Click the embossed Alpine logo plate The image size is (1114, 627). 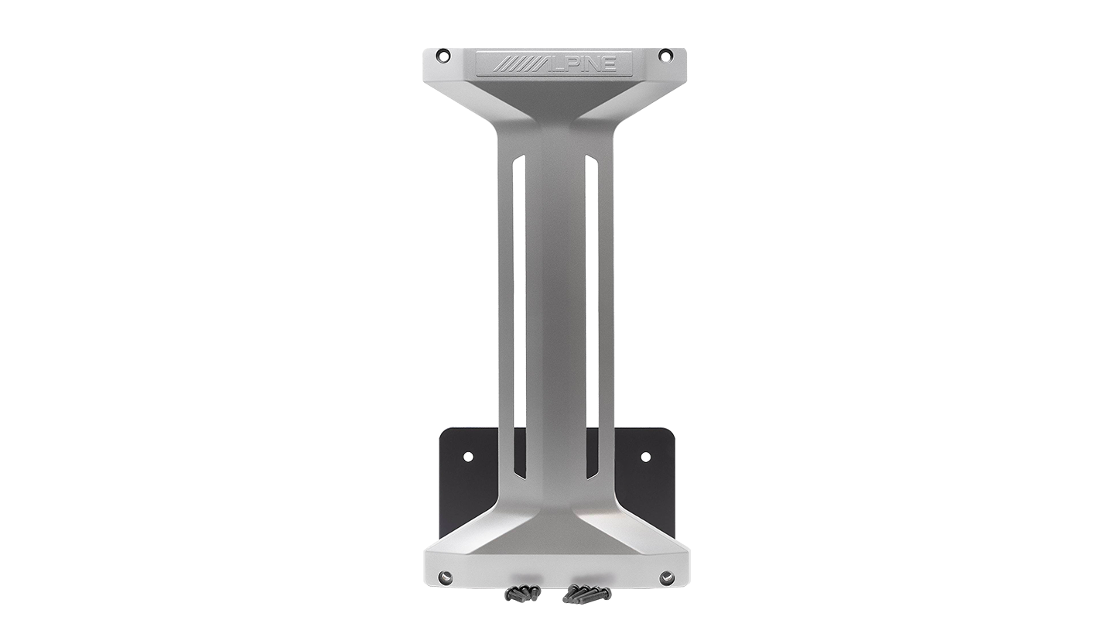[x=554, y=63]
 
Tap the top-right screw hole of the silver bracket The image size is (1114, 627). [x=665, y=55]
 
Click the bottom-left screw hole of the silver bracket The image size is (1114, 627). [x=443, y=577]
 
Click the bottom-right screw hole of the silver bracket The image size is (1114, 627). [x=666, y=577]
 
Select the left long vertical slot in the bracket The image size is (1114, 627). [x=519, y=317]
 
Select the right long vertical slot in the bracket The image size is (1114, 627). [x=591, y=317]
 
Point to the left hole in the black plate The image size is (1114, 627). [x=467, y=455]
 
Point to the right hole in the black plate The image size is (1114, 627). [x=645, y=456]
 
